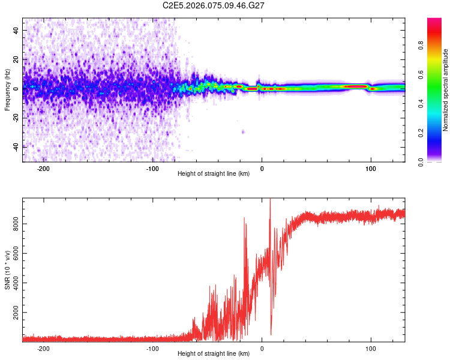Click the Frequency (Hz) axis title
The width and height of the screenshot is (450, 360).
pyautogui.click(x=7, y=89)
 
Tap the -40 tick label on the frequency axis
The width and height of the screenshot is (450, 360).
pyautogui.click(x=16, y=146)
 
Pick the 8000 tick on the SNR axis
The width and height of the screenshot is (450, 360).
pyautogui.click(x=13, y=223)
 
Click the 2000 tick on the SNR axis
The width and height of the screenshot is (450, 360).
pyautogui.click(x=13, y=313)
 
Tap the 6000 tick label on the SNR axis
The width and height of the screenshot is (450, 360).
pyautogui.click(x=13, y=253)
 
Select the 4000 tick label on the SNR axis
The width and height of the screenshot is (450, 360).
pyautogui.click(x=13, y=283)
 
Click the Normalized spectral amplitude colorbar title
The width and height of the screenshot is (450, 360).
pyautogui.click(x=445, y=90)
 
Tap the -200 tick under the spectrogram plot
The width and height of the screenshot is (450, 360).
pyautogui.click(x=43, y=169)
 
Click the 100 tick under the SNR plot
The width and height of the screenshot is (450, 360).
pyautogui.click(x=371, y=349)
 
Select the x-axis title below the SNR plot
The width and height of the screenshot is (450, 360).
pyautogui.click(x=214, y=355)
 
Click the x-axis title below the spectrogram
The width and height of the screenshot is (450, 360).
pyautogui.click(x=214, y=174)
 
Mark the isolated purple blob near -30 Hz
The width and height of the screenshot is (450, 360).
pyautogui.click(x=243, y=131)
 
